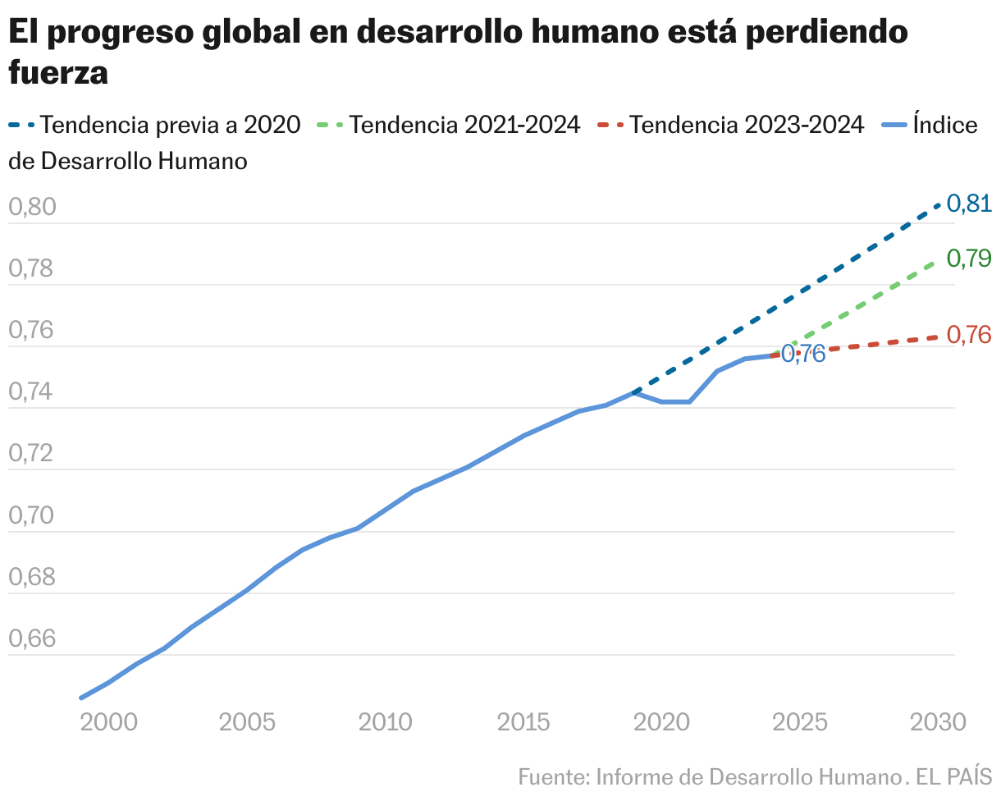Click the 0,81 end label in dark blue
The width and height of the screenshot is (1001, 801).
point(969,204)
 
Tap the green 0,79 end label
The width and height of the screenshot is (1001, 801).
point(969,259)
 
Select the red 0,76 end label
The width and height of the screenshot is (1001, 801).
point(969,335)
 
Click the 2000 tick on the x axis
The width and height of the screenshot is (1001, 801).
point(108,721)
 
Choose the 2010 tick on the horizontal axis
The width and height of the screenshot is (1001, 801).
point(386,721)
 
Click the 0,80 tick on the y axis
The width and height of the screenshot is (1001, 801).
point(32,207)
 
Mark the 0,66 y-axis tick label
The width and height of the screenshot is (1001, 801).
point(32,639)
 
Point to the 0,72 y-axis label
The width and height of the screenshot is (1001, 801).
point(32,454)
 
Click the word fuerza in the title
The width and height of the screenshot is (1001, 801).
point(58,72)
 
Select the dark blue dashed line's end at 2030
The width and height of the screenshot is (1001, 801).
point(939,204)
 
